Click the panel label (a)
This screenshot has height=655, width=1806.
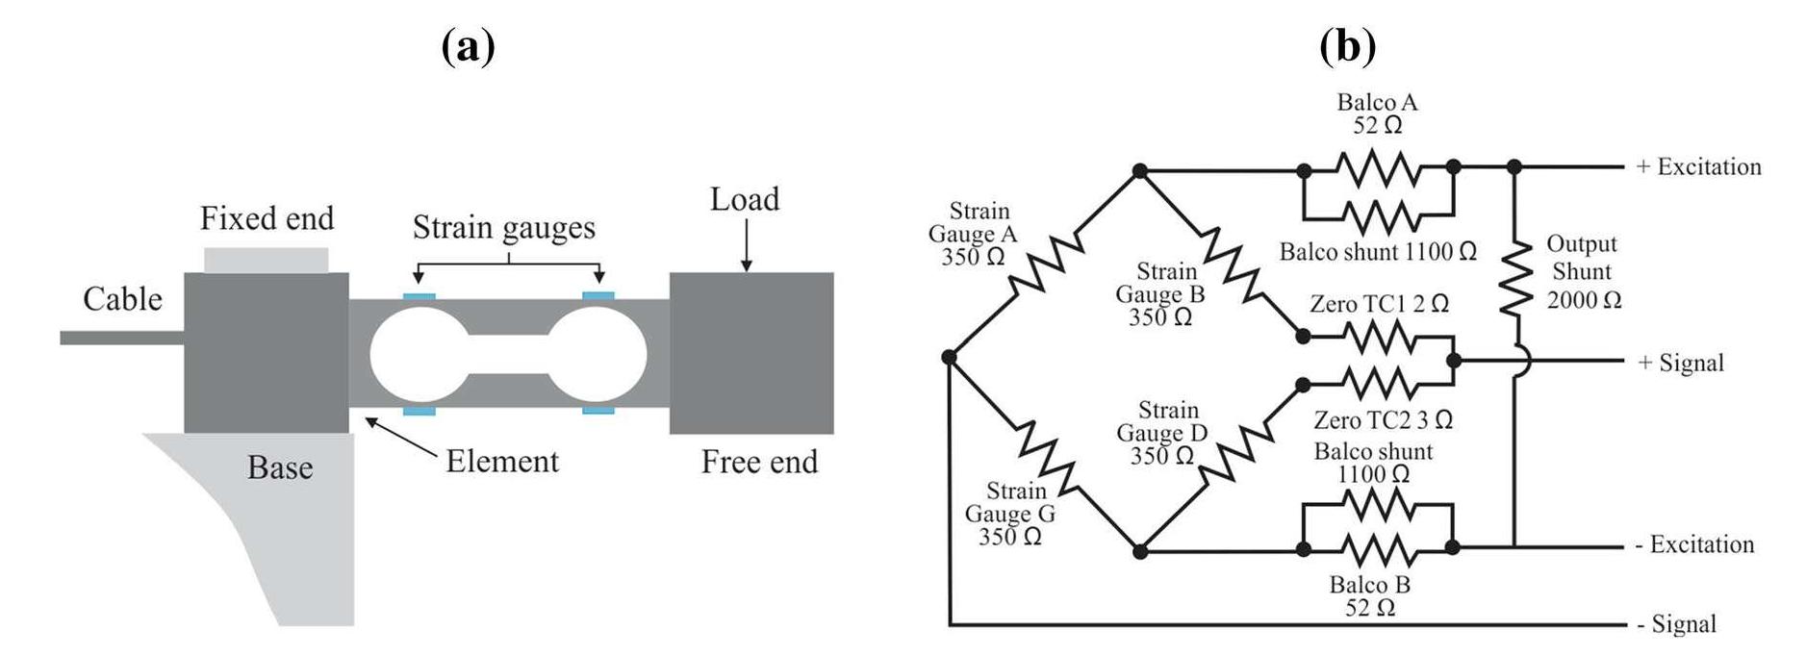coord(469,45)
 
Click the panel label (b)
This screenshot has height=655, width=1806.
coord(1348,45)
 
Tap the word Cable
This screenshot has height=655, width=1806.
coord(122,299)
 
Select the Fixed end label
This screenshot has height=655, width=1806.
coord(267,218)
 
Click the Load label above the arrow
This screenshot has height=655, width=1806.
coord(745,199)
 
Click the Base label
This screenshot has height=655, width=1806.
coord(280,467)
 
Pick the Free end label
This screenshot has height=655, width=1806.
coord(759,462)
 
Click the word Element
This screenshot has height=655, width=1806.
coord(501,461)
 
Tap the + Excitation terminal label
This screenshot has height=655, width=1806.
coord(1698,166)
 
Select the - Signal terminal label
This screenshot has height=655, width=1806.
coord(1676,624)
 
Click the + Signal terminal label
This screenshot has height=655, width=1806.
coord(1680,363)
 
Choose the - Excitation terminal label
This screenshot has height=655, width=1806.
coord(1694,544)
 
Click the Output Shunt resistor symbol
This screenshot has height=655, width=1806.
coord(1516,277)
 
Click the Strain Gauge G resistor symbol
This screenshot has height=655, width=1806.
coord(1047,455)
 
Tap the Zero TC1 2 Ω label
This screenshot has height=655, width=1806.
coord(1379,304)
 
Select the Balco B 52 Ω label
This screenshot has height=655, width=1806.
coord(1369,596)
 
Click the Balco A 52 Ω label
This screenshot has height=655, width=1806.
coord(1377,113)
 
